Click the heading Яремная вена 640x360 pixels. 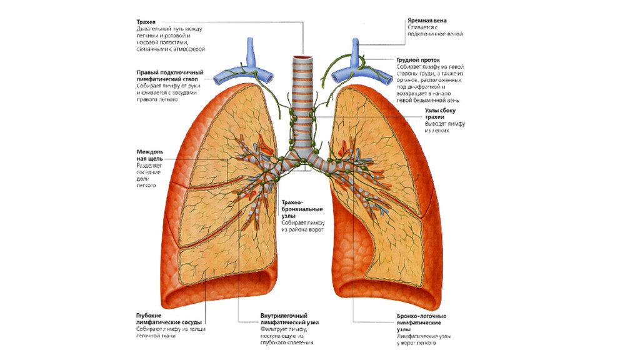427,21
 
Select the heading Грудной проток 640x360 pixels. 421,60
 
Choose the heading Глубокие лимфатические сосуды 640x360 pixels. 167,319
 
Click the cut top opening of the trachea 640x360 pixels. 304,58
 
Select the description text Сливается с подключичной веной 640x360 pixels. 434,31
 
